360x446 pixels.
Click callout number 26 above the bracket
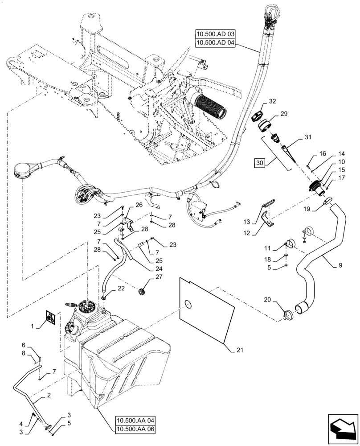(x=139, y=205)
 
